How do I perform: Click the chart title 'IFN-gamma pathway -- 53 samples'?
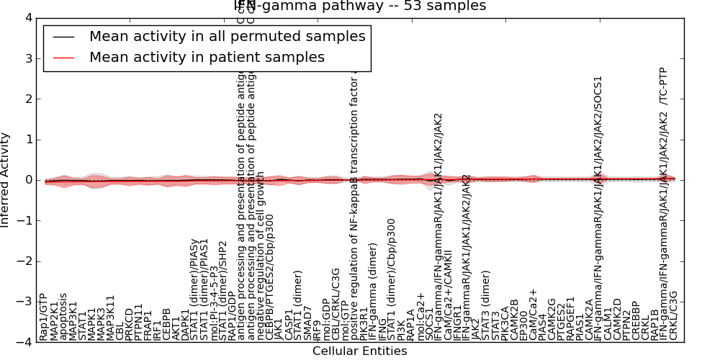tap(360, 6)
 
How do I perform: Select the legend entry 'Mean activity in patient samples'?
tap(207, 57)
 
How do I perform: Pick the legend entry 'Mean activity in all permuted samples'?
tap(227, 36)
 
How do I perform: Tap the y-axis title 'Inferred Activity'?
tap(6, 180)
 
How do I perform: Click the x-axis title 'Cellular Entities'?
tap(359, 351)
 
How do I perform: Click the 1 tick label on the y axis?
tap(27, 140)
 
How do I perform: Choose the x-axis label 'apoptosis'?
tap(63, 316)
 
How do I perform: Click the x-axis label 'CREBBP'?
tap(636, 320)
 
